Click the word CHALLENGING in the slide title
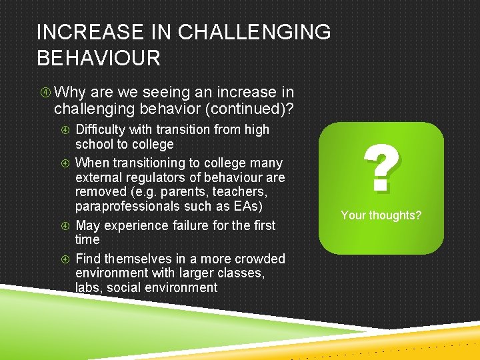[255, 32]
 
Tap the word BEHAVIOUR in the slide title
[99, 58]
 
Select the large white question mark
[381, 169]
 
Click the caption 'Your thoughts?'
[381, 215]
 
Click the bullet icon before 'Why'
[43, 93]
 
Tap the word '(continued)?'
[257, 109]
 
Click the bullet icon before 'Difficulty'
[65, 130]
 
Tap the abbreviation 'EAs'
[241, 206]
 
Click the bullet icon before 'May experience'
[65, 226]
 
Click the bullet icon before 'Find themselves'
[65, 259]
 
